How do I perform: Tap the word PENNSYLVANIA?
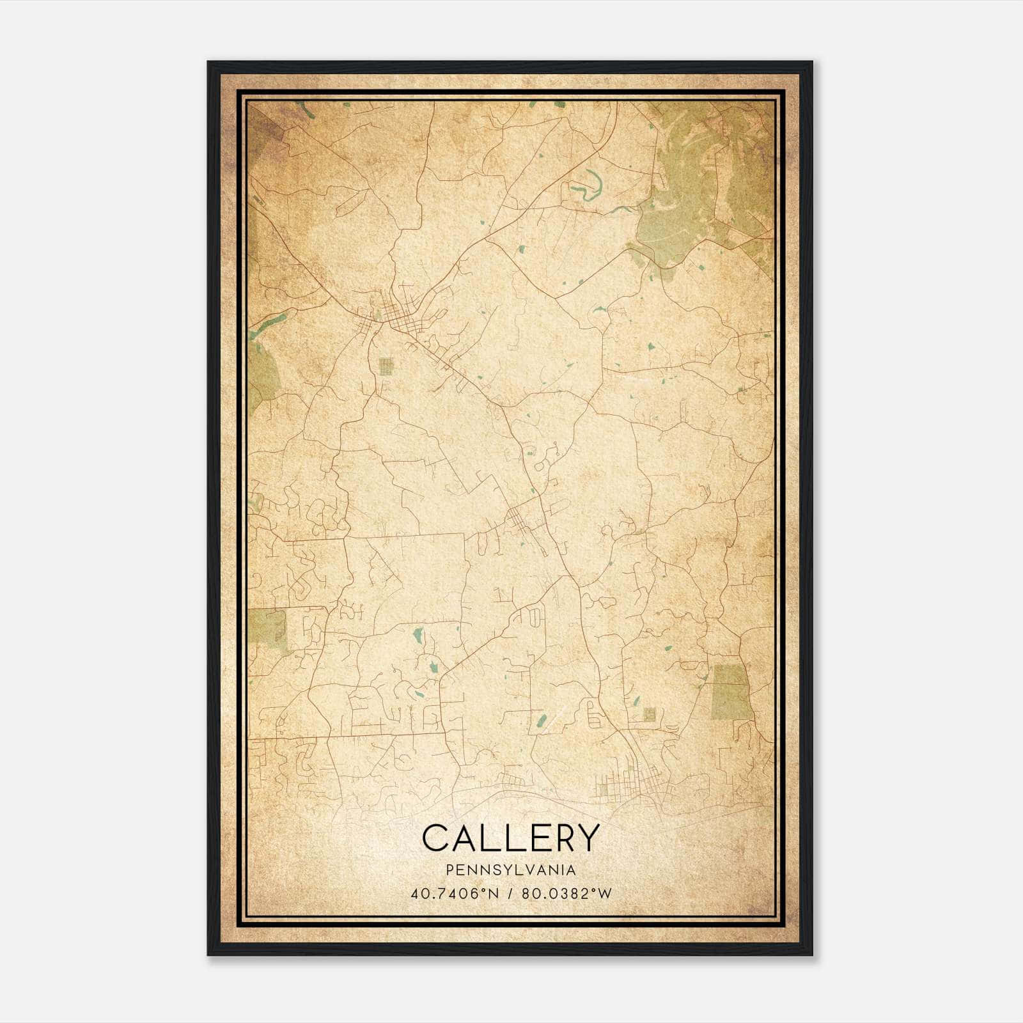tap(511, 870)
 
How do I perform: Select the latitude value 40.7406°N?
tap(455, 893)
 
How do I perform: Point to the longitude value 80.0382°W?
tap(566, 893)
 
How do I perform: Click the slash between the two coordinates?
tap(511, 893)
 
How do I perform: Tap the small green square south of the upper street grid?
tap(386, 366)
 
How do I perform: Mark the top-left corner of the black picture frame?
tap(208, 63)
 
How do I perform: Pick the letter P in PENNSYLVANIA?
tap(450, 870)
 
